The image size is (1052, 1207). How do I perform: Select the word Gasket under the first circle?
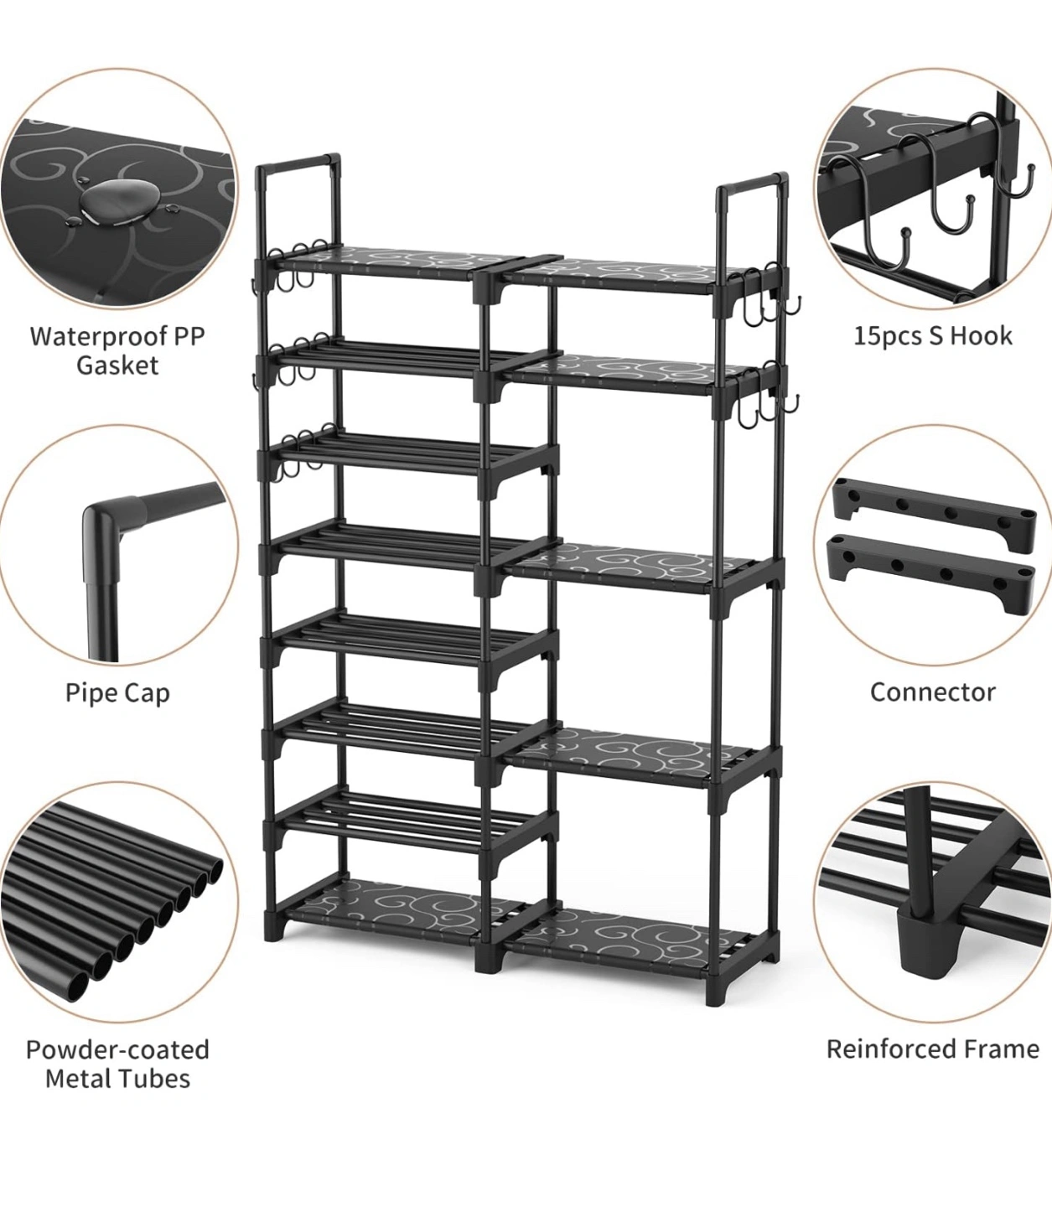pos(117,365)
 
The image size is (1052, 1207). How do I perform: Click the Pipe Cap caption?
pos(117,692)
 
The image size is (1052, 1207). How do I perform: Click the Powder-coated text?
pos(117,1049)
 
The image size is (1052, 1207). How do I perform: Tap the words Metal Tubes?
pos(117,1079)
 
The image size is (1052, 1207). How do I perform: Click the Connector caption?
pos(933,692)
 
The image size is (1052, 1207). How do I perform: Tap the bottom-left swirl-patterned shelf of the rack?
pos(396,909)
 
